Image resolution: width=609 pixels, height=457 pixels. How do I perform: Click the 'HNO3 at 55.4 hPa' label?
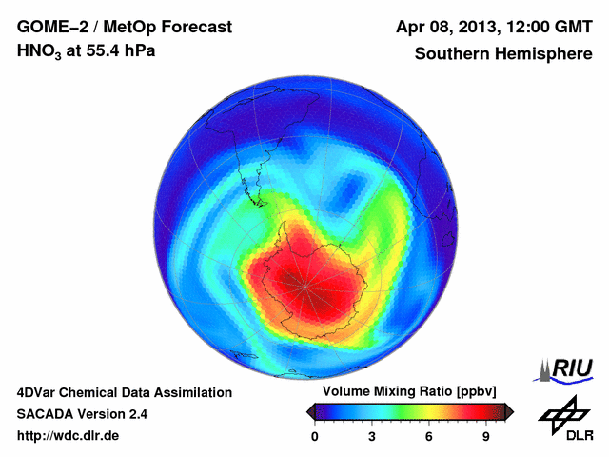86,51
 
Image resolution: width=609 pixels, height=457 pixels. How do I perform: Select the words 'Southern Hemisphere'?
503,54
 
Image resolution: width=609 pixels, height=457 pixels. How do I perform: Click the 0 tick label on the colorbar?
315,437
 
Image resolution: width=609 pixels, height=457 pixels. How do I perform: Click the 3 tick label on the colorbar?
372,437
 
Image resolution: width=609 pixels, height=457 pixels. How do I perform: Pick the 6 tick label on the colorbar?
429,437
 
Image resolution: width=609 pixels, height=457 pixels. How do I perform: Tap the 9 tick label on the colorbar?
485,437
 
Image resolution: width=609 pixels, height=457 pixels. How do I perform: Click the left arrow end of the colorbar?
310,411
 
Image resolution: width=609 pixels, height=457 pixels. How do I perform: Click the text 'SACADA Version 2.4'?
82,414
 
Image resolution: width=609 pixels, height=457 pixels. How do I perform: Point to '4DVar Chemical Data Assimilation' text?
124,392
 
